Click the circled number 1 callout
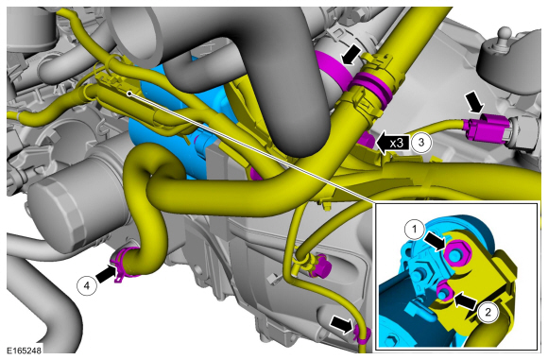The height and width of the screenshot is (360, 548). coord(415,230)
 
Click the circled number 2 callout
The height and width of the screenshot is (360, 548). coord(488,312)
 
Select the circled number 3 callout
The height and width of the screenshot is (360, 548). coord(421,142)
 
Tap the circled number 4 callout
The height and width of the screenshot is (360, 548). coord(87,285)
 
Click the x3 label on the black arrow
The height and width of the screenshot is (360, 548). coord(397,143)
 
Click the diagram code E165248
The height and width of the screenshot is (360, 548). coord(23,351)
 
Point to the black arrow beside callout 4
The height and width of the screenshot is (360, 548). coord(106,274)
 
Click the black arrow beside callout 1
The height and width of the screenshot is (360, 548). coord(435,241)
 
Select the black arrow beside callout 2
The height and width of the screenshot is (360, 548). coord(465,300)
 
